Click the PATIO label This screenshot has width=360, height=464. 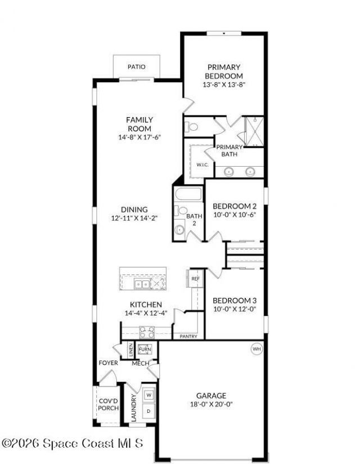tap(137, 67)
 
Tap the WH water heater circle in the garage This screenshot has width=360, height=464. tap(256, 349)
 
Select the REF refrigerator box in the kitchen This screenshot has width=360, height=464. tap(195, 279)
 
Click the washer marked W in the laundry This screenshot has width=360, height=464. tap(149, 395)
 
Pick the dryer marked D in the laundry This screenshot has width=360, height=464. tap(149, 411)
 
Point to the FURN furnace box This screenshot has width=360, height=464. tap(145, 349)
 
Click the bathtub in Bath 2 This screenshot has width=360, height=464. tap(188, 194)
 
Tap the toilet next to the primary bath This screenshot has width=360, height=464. tap(191, 127)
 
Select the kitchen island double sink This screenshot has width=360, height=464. tap(142, 284)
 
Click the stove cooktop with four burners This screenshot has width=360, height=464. tap(147, 332)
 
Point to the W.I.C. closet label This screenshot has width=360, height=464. tap(202, 164)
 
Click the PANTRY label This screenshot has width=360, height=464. tap(188, 336)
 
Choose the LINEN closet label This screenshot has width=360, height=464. tap(131, 350)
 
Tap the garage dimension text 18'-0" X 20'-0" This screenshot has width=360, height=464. tap(211, 404)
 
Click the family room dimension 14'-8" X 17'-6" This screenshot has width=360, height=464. tap(139, 137)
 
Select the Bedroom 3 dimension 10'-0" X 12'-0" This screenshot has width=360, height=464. tap(235, 309)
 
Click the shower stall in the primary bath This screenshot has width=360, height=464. tap(254, 131)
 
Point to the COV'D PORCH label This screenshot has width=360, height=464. tap(109, 404)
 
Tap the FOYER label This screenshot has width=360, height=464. tap(108, 363)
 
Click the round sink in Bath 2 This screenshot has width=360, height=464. tap(179, 229)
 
